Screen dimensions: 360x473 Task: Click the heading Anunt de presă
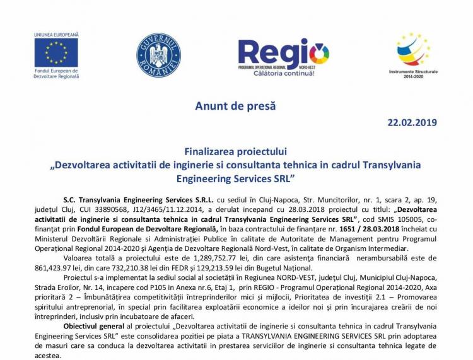pyautogui.click(x=237, y=105)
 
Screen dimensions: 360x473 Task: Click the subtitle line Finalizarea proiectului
pyautogui.click(x=236, y=151)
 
